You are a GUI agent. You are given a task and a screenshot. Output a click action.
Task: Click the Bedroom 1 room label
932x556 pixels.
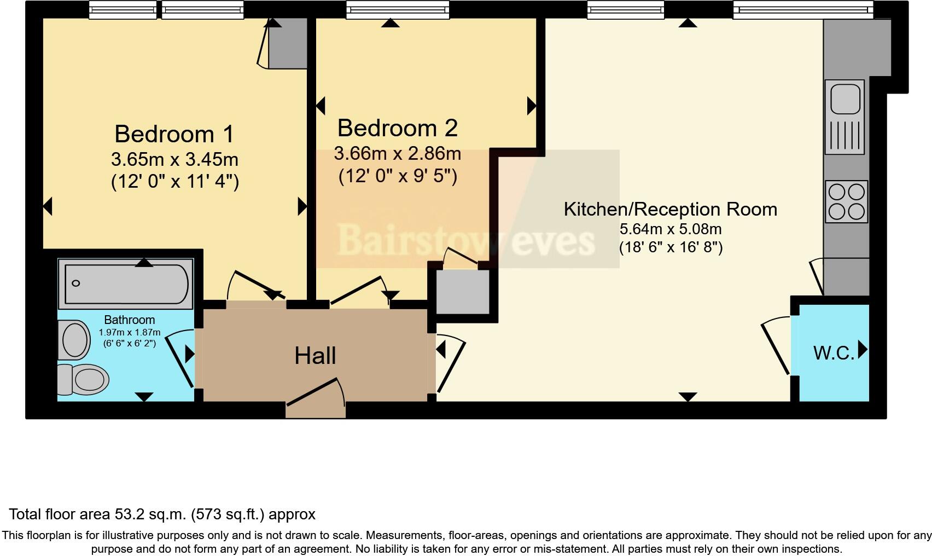coord(174,134)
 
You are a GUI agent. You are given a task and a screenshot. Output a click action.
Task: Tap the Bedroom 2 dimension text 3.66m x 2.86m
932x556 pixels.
coord(397,154)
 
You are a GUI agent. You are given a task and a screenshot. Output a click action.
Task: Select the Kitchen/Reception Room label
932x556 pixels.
coord(670,209)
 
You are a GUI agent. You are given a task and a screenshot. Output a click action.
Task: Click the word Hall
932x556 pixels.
coord(315,356)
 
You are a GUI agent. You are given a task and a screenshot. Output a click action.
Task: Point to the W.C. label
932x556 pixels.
coord(834,353)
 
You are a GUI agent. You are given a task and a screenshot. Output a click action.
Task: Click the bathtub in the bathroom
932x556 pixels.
coord(126,284)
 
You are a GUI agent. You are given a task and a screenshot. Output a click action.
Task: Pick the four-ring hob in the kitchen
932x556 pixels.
coord(846,201)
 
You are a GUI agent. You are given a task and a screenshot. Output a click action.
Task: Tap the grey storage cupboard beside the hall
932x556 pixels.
coord(462,292)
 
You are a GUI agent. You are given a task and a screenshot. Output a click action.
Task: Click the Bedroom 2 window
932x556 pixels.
coord(398,9)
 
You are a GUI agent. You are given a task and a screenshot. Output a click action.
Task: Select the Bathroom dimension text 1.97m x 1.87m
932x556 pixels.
coord(130,333)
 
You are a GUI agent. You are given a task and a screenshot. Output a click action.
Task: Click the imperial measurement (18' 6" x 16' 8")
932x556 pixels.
coord(671,247)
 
